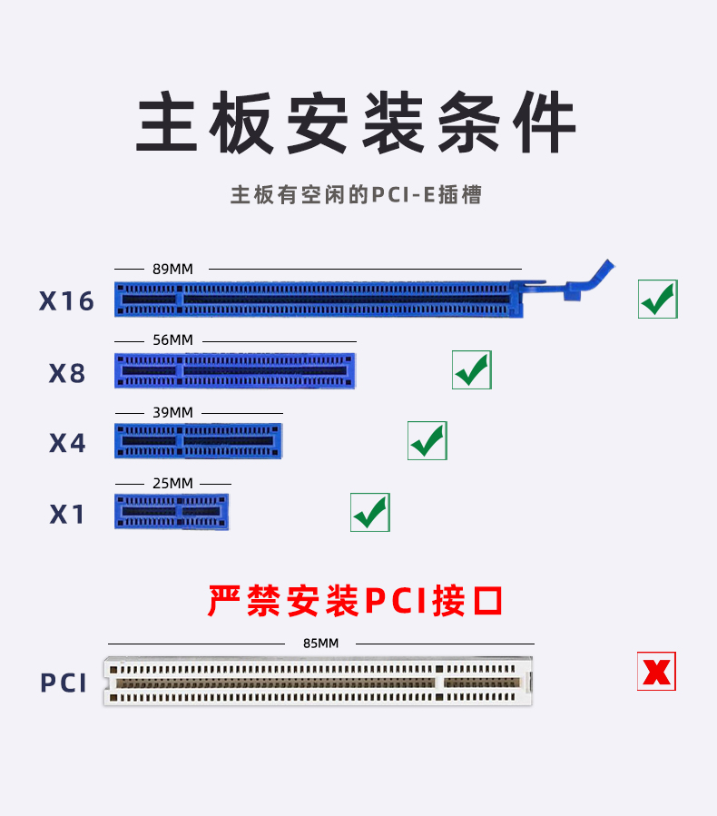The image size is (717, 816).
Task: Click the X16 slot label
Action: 66,300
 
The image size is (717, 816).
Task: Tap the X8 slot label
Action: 67,373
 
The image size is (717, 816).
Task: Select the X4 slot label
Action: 67,443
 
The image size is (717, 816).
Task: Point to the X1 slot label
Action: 67,515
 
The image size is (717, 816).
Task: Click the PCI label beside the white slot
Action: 64,683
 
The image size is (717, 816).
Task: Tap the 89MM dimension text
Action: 172,269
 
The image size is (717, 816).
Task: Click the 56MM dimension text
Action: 172,340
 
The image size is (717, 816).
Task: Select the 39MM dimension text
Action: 172,412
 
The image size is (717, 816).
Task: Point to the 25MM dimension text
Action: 172,483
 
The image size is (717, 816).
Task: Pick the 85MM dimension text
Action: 320,643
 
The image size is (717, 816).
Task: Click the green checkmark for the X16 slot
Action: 658,299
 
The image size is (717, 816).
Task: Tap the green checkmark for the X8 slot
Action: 472,369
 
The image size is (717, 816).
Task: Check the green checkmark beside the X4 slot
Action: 427,440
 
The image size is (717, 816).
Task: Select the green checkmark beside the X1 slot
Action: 370,513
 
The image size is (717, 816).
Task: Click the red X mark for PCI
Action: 656,672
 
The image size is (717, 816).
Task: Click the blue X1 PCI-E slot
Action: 172,512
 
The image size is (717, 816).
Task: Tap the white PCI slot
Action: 318,682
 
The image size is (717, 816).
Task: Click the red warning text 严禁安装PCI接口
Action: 356,601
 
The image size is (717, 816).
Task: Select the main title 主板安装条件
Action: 357,123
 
